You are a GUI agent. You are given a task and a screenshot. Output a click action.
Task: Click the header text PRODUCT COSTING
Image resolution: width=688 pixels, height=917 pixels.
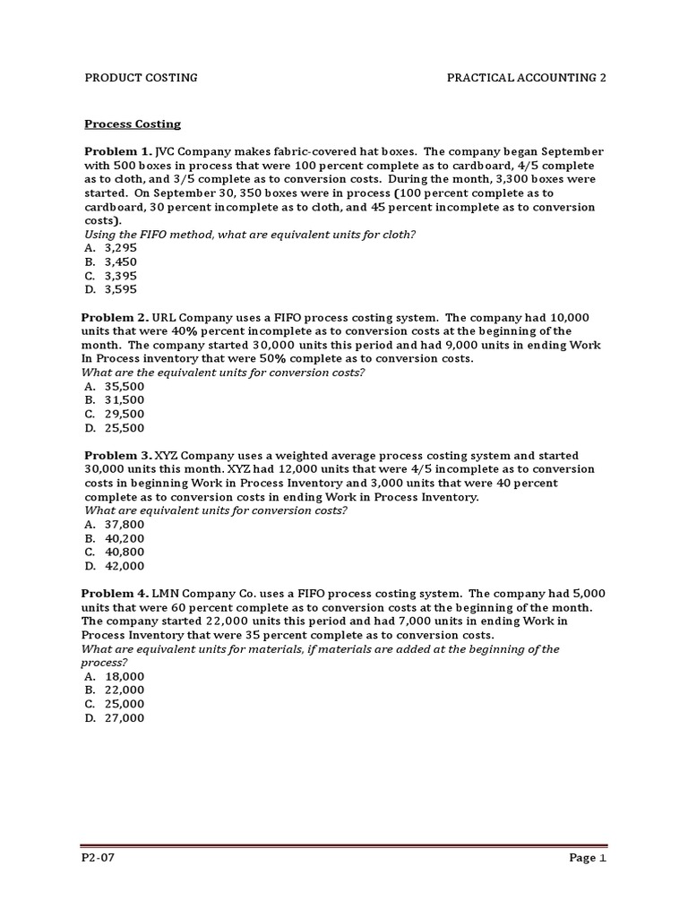click(141, 78)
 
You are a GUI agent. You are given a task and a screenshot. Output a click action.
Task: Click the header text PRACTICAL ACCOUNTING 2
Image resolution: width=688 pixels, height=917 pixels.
click(527, 78)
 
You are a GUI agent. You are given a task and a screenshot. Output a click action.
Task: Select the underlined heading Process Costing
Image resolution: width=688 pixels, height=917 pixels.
click(133, 124)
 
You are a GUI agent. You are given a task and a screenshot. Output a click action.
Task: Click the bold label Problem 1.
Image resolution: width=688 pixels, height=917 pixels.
click(118, 151)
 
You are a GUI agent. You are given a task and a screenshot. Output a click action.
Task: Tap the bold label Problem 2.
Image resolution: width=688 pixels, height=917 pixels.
click(116, 318)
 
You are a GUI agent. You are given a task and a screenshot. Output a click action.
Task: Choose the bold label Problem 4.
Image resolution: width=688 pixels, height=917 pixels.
click(116, 594)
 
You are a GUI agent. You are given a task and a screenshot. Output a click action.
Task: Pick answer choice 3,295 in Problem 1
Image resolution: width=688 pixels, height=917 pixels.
click(121, 248)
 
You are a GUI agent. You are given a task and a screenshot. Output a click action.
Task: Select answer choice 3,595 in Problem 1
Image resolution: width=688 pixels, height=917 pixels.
click(121, 289)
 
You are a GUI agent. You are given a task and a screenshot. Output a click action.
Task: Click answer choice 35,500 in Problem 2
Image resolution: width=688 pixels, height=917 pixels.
click(125, 386)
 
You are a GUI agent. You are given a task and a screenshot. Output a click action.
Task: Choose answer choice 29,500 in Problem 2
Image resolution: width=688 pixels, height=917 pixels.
click(125, 414)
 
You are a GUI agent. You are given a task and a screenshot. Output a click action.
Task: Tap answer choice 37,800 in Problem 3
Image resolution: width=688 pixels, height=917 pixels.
click(125, 525)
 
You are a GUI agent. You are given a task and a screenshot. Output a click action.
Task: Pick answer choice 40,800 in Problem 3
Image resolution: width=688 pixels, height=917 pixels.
click(125, 553)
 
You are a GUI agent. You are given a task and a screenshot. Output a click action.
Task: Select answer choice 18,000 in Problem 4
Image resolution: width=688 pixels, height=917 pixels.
click(125, 677)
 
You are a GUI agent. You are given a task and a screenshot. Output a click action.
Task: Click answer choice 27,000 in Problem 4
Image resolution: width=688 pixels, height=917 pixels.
click(125, 718)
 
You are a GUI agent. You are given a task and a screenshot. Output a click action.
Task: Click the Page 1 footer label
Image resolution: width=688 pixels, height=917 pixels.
click(589, 858)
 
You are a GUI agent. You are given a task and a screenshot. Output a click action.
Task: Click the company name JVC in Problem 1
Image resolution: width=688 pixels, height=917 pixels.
click(168, 151)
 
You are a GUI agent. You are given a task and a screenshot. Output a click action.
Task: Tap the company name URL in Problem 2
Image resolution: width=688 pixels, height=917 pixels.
click(166, 318)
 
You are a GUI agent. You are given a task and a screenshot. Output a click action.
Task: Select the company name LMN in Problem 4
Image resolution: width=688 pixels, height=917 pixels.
click(167, 594)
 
